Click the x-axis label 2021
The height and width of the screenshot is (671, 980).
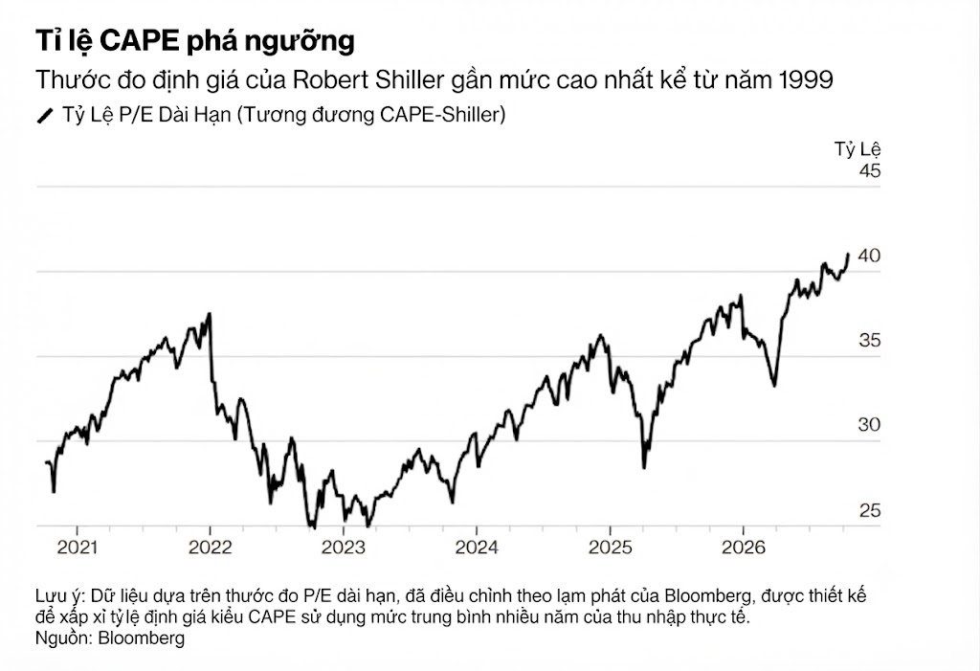point(78,548)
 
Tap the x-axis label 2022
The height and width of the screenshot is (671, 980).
point(210,548)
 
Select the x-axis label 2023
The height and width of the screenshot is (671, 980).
point(344,548)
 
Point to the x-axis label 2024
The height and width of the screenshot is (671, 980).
point(477,548)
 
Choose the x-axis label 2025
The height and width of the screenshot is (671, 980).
point(611,548)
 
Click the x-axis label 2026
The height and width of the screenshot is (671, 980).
point(744,548)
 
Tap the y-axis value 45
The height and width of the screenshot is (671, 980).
point(869,170)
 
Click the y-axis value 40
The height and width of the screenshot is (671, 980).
point(869,256)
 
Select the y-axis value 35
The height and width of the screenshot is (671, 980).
point(869,340)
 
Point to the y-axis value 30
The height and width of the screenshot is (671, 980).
point(869,425)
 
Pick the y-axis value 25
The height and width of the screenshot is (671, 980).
point(869,510)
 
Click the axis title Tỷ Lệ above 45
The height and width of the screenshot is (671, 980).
point(857,149)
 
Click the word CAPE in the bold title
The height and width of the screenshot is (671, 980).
point(140,40)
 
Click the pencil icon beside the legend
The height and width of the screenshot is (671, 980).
point(45,116)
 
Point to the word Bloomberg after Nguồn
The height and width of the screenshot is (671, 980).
point(142,637)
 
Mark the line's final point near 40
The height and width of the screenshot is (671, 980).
point(848,254)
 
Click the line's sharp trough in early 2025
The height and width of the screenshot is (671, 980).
point(644,467)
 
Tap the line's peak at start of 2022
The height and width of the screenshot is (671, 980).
point(210,314)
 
